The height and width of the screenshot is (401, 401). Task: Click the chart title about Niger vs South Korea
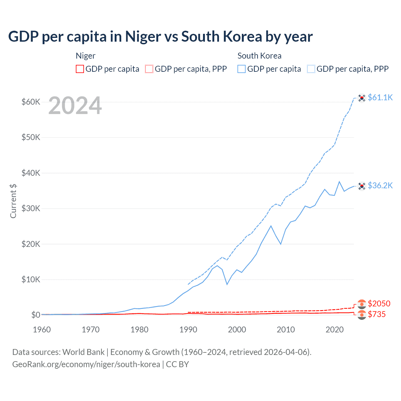click(160, 37)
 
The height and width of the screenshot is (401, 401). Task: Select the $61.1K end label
click(380, 97)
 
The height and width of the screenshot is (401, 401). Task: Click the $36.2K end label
click(380, 185)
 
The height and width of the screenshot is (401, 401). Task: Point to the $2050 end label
click(379, 304)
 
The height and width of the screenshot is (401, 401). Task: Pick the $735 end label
click(377, 314)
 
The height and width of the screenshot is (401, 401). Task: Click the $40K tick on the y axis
click(31, 173)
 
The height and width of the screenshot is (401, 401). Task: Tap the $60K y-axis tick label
click(31, 102)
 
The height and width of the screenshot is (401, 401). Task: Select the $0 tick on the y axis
click(36, 315)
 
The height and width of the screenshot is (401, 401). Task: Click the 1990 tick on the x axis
click(188, 330)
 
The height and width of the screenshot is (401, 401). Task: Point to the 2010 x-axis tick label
click(286, 330)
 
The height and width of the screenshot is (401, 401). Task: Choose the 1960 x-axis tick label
click(42, 330)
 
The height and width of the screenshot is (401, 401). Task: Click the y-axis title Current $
click(13, 201)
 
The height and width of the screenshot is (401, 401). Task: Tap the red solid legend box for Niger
click(80, 69)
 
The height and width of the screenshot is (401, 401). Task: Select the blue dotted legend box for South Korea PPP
click(311, 69)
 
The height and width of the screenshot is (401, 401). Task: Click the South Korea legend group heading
click(259, 56)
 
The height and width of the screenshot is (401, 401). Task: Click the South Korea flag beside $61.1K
click(362, 98)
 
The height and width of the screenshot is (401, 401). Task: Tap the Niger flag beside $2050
click(362, 304)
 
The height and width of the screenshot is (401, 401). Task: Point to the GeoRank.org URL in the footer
click(86, 364)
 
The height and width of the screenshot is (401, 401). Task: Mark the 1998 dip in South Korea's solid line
click(227, 284)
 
